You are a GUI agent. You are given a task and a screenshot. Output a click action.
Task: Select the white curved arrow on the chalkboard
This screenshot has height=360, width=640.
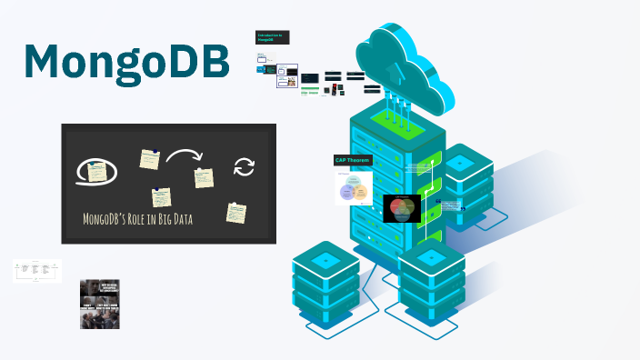click(183, 158)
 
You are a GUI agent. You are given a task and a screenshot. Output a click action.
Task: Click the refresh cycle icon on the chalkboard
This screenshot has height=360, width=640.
click(244, 166)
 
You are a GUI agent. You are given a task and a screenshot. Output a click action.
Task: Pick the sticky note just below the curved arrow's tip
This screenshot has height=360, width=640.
click(204, 177)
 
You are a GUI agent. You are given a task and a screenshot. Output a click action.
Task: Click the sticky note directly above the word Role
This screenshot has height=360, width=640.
click(162, 196)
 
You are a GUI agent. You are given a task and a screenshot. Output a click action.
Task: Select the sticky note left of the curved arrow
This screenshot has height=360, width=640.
click(149, 159)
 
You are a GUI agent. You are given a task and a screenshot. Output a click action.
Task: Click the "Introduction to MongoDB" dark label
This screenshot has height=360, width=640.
click(272, 37)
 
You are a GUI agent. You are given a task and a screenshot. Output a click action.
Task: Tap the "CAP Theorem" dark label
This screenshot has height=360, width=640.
click(353, 160)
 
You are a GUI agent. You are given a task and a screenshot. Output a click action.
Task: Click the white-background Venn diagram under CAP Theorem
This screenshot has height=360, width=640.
click(354, 189)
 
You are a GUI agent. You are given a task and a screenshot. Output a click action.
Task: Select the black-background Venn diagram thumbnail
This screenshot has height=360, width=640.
click(402, 209)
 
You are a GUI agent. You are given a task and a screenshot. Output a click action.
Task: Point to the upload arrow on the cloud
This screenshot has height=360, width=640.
click(394, 70)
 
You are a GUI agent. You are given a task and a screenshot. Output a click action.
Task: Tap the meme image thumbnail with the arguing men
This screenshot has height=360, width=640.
click(100, 303)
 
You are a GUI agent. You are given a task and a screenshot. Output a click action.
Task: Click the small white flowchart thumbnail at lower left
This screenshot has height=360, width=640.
click(37, 270)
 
